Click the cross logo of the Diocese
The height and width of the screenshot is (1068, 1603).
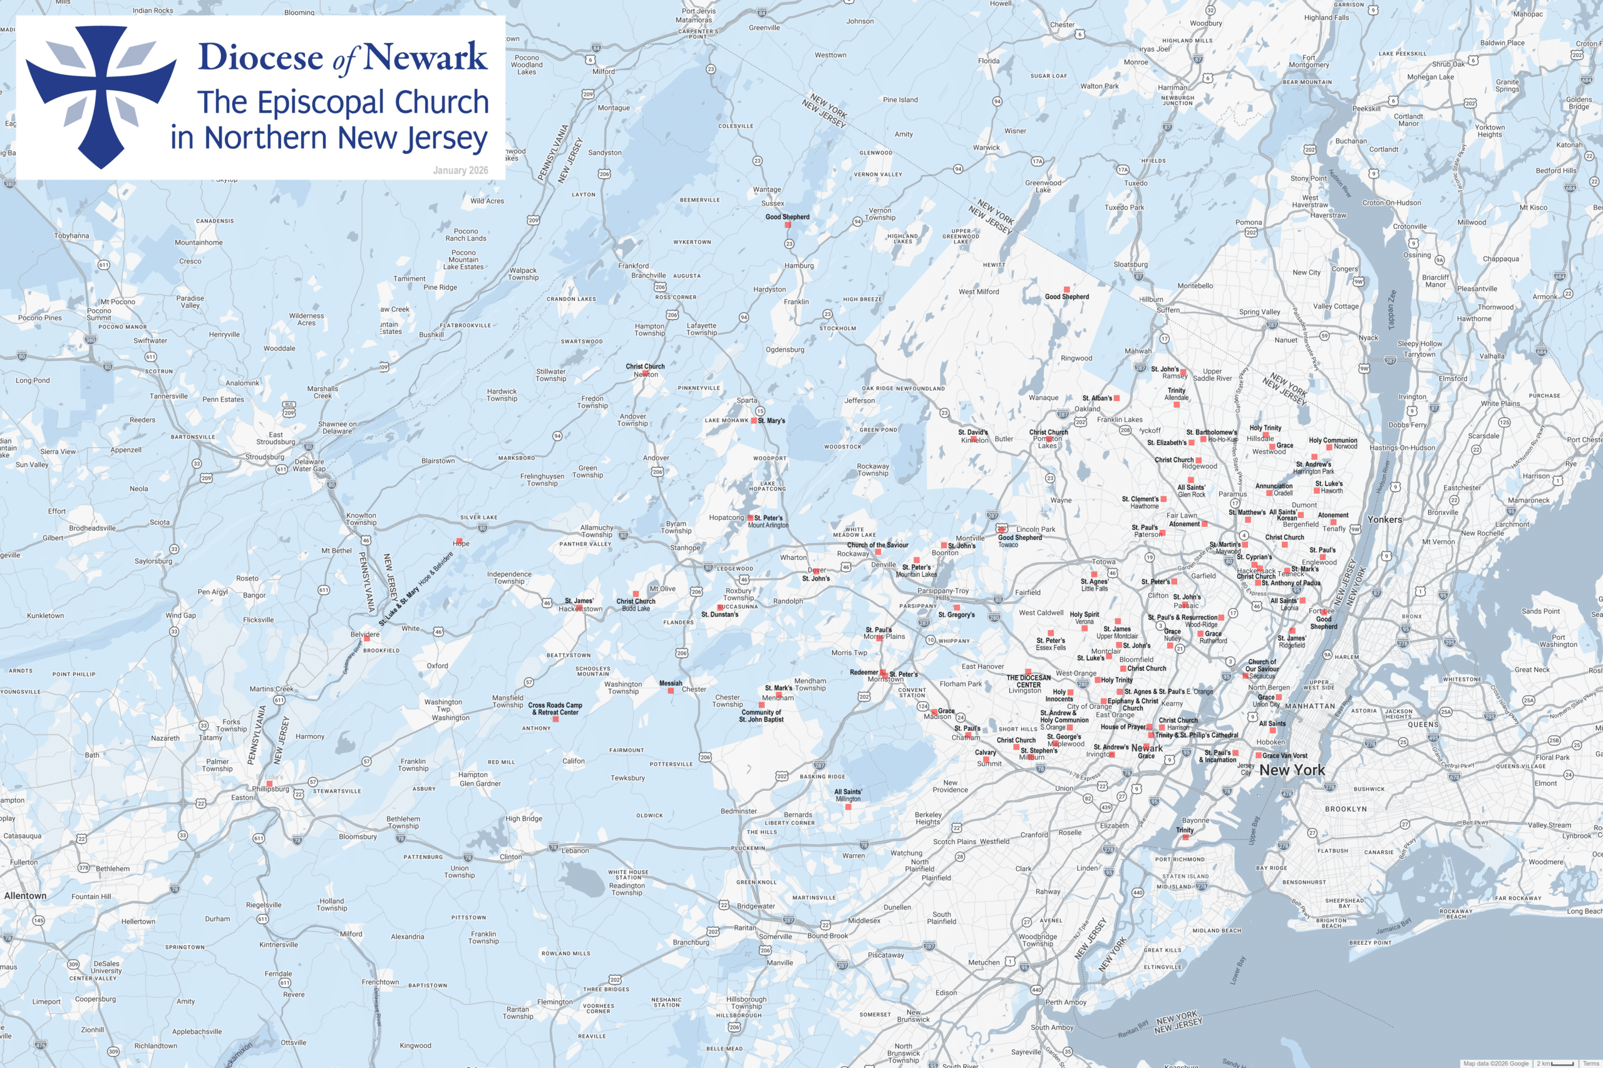click(101, 95)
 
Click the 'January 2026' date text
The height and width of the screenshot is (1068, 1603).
click(460, 170)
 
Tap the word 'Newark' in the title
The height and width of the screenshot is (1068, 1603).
click(425, 57)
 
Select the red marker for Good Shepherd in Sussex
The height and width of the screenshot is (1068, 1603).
click(788, 225)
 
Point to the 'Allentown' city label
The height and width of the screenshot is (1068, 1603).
click(25, 896)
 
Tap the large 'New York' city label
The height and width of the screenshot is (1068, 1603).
click(1292, 770)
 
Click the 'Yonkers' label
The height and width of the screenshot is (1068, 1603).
click(1384, 520)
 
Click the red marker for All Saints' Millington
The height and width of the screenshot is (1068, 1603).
click(848, 807)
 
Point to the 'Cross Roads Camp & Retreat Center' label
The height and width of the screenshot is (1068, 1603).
click(555, 709)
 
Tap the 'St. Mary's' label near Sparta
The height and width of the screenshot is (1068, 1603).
click(771, 421)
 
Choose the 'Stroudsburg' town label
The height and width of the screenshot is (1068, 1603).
click(264, 457)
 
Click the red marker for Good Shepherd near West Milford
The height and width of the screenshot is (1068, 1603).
click(1066, 290)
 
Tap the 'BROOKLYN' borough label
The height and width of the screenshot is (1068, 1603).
click(1346, 809)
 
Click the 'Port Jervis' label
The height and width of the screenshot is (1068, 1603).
click(699, 11)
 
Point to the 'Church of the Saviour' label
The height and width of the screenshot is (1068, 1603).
click(877, 545)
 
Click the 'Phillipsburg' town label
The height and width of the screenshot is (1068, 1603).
click(271, 790)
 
